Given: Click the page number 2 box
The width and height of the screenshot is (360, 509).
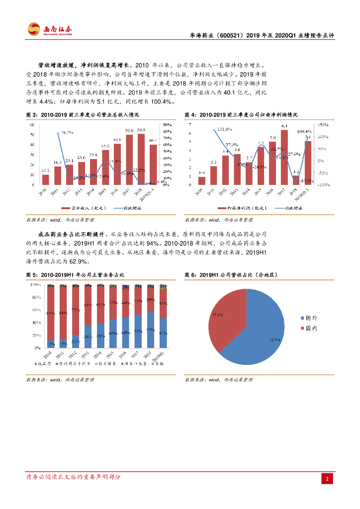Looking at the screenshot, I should (x=327, y=479).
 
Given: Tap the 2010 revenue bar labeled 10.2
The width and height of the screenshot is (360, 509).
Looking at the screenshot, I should (x=46, y=179).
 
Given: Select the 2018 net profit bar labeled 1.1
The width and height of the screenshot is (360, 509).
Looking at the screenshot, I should (x=296, y=180).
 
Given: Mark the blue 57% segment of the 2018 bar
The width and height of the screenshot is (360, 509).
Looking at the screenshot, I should (x=151, y=330).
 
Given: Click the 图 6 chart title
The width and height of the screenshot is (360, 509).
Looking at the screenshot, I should (x=231, y=274).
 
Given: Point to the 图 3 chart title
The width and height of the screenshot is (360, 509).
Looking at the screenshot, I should (x=83, y=115).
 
